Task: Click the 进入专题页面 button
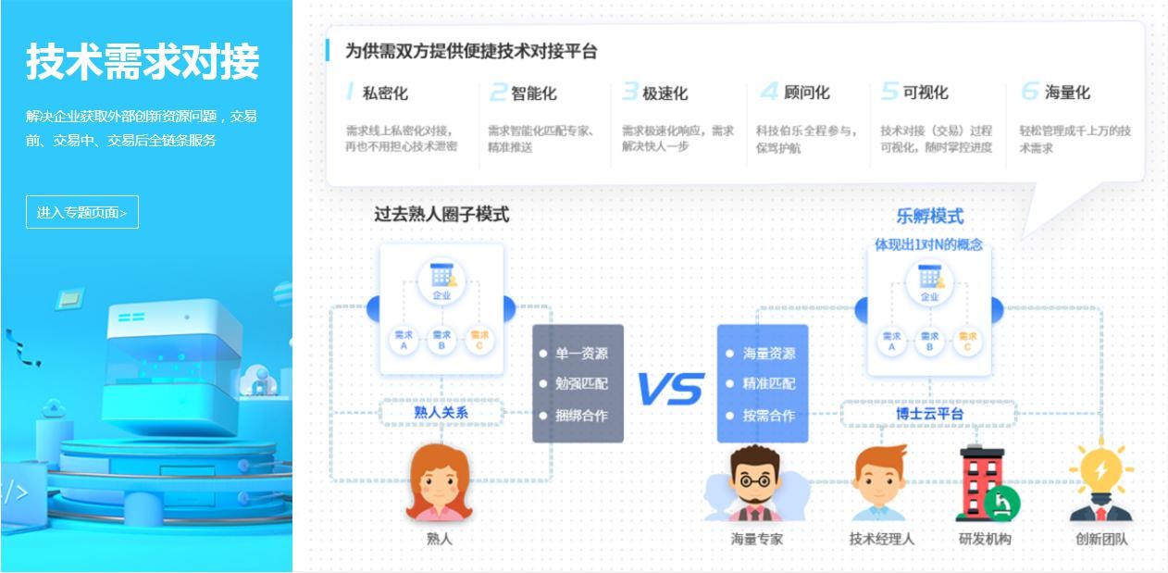tap(81, 212)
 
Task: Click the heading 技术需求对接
tap(143, 62)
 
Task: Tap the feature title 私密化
tap(384, 93)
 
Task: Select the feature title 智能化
tap(533, 93)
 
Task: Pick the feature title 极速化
tap(665, 93)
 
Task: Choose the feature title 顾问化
tap(806, 93)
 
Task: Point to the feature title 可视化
tap(925, 93)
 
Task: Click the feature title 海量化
tap(1066, 93)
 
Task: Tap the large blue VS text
tap(670, 389)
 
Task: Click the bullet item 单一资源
tap(581, 354)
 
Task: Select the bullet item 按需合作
tap(768, 416)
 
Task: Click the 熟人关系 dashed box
tap(441, 413)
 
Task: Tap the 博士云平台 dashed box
tap(928, 413)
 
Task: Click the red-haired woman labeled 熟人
tap(438, 484)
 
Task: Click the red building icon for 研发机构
tap(986, 483)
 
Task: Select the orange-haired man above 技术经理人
tap(880, 484)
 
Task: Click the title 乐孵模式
tap(929, 216)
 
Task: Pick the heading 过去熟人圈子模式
tap(441, 214)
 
